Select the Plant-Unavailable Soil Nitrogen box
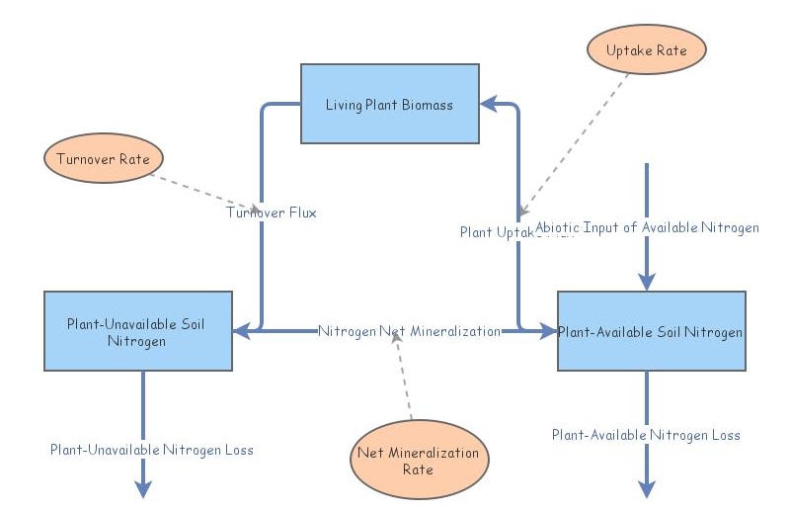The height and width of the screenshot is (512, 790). [x=137, y=331]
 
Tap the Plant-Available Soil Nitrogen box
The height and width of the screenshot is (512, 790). [x=651, y=331]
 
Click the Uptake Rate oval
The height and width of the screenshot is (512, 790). [x=648, y=49]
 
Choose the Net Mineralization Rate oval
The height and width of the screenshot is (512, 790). [x=419, y=461]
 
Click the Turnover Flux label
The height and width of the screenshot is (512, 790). [x=272, y=212]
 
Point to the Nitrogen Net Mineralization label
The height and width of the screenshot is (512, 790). [x=409, y=331]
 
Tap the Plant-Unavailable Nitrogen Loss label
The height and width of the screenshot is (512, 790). [x=152, y=450]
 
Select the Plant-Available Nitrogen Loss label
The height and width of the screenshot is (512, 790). [x=646, y=435]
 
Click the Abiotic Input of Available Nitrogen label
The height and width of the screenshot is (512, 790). [x=647, y=227]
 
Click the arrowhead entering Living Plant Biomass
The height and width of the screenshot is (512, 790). [x=489, y=103]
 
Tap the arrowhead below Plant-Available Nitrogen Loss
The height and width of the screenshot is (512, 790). [x=647, y=487]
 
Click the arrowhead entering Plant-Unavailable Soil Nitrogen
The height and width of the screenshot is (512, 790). [x=241, y=331]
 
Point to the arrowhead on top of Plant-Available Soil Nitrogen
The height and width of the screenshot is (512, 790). [x=647, y=282]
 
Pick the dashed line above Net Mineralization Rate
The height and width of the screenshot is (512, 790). [x=404, y=381]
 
